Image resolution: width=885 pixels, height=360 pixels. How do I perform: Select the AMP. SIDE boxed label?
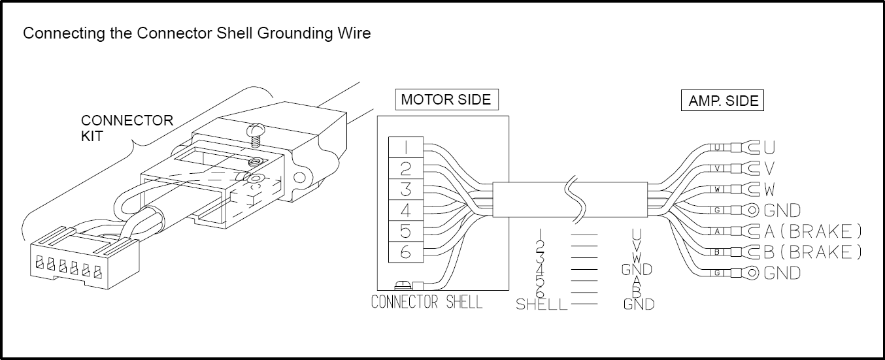(x=723, y=101)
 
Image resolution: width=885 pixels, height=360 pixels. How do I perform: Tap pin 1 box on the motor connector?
(x=405, y=148)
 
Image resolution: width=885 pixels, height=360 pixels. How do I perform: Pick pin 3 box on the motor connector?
(x=405, y=189)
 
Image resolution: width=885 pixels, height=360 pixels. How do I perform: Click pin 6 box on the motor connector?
(x=405, y=252)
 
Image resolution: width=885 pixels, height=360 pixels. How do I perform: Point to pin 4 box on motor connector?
(x=405, y=210)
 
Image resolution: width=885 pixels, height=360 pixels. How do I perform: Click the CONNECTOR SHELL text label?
(x=426, y=302)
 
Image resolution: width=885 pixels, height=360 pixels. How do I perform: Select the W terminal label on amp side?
(x=769, y=189)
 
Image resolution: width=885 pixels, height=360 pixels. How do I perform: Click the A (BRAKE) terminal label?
(x=812, y=231)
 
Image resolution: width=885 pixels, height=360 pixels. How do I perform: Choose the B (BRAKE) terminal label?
(x=812, y=252)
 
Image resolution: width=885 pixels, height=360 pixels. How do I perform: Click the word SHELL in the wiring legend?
(x=541, y=304)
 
